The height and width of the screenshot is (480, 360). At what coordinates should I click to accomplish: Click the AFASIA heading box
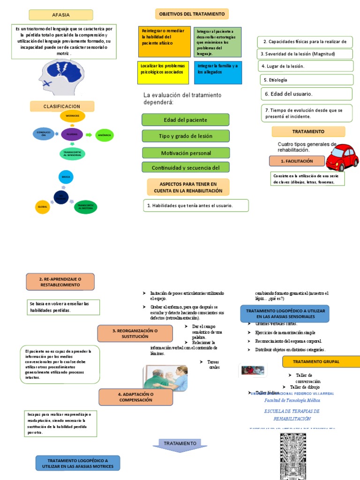61,15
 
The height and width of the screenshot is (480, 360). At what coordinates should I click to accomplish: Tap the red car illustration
342,157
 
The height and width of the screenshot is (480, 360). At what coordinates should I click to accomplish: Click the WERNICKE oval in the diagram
72,116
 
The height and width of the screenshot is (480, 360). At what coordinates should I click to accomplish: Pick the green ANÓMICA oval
104,135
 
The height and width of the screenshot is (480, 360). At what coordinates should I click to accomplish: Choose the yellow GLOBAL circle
42,206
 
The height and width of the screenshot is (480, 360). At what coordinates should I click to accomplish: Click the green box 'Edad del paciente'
186,120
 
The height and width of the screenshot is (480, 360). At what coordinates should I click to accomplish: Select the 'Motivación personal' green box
186,153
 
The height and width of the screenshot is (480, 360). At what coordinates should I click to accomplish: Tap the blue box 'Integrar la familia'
217,72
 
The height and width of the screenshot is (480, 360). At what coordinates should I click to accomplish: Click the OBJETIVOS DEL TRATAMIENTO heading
192,14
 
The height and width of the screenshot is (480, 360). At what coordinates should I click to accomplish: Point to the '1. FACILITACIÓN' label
297,161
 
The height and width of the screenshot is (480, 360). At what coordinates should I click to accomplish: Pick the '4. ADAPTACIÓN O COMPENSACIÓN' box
135,397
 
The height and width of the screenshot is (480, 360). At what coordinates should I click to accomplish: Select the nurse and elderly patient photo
165,378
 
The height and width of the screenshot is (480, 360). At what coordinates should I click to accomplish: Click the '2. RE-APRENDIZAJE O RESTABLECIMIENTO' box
60,282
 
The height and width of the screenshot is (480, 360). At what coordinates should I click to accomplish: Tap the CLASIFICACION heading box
62,106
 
